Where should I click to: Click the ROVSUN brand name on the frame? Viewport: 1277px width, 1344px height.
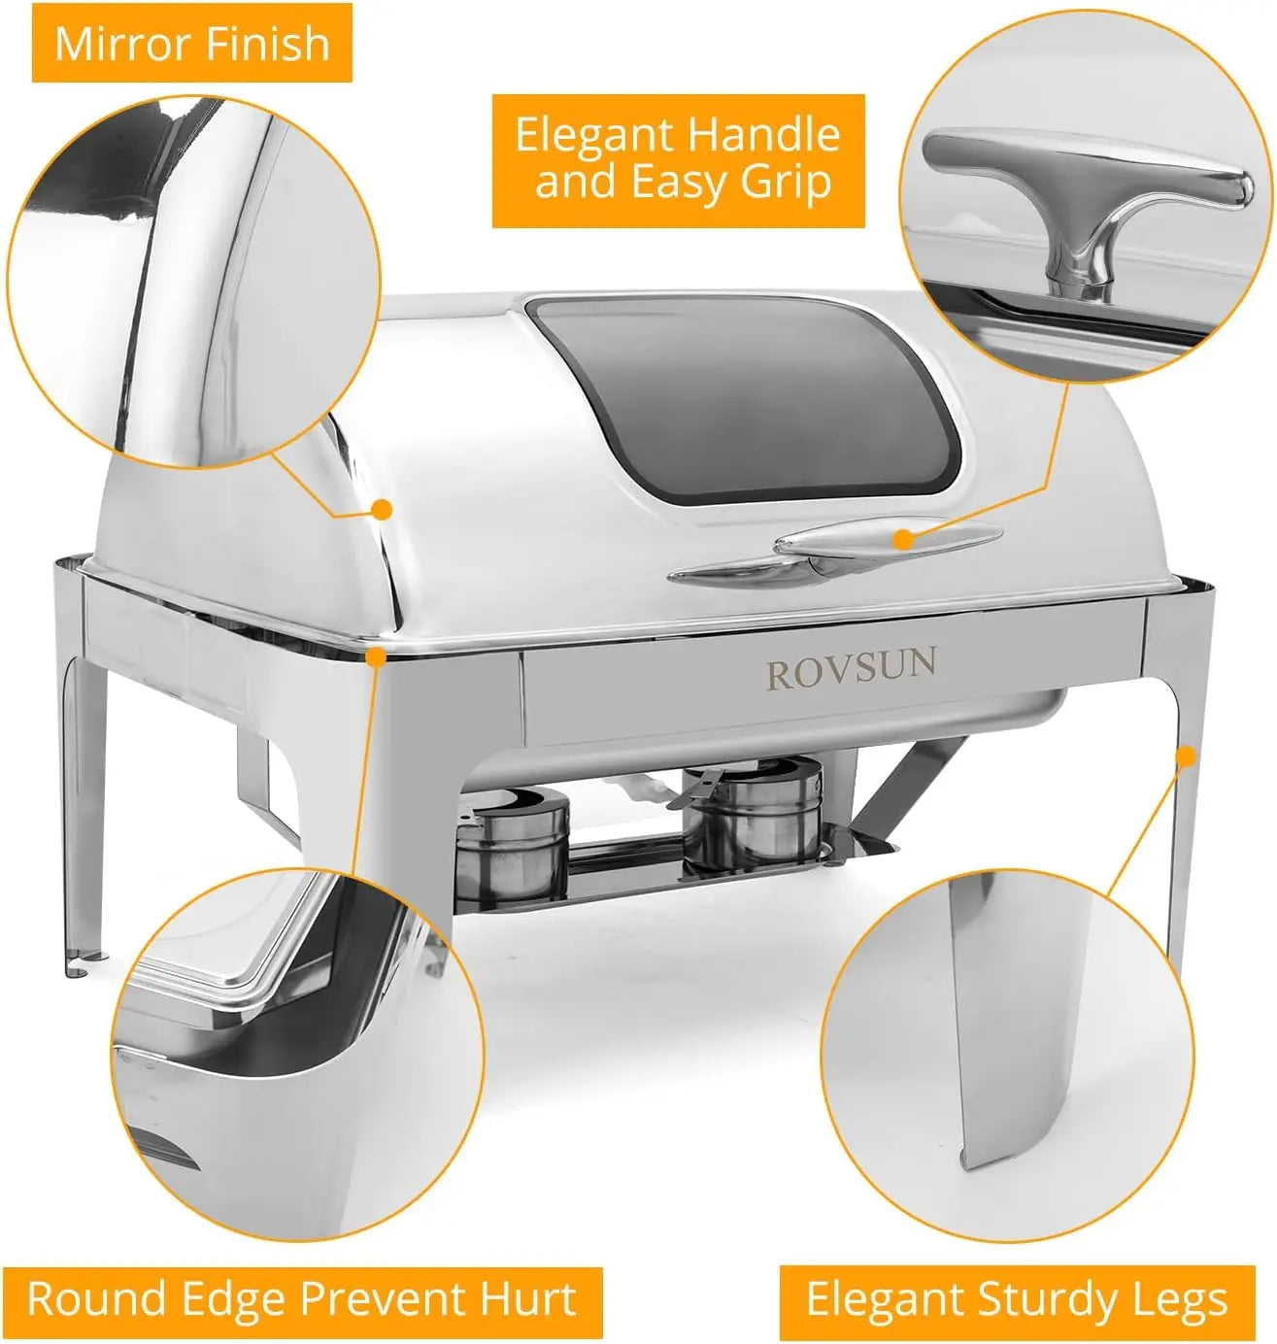click(x=851, y=670)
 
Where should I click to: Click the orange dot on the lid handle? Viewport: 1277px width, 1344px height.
click(x=903, y=538)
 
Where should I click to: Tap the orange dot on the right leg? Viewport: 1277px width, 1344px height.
click(x=1185, y=756)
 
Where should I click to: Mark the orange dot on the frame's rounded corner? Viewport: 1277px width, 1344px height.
click(x=377, y=656)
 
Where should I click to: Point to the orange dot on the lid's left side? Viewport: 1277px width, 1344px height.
click(x=383, y=508)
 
